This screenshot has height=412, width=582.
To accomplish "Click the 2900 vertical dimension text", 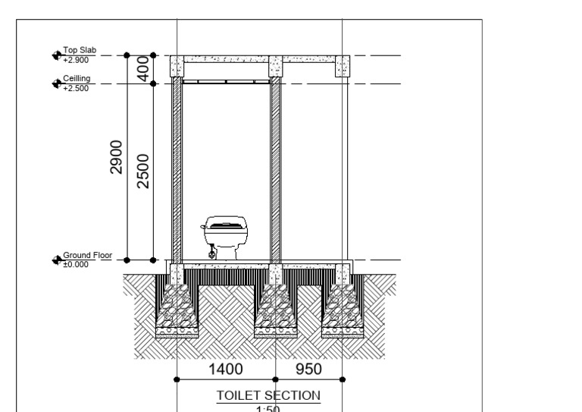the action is pyautogui.click(x=116, y=157).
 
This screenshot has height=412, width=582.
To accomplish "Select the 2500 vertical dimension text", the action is pyautogui.click(x=143, y=171).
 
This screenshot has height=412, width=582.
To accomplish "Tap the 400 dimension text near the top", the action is pyautogui.click(x=143, y=69).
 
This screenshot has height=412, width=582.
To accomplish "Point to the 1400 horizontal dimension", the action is pyautogui.click(x=226, y=370).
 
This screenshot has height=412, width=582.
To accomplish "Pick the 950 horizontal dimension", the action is pyautogui.click(x=308, y=370).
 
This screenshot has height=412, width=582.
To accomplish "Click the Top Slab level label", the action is pyautogui.click(x=80, y=50).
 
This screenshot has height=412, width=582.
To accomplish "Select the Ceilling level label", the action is pyautogui.click(x=77, y=78).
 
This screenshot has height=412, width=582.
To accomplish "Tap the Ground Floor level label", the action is pyautogui.click(x=88, y=255).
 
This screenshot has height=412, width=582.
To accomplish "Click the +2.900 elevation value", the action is pyautogui.click(x=76, y=60).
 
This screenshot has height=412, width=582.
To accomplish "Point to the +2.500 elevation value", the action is pyautogui.click(x=76, y=88).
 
